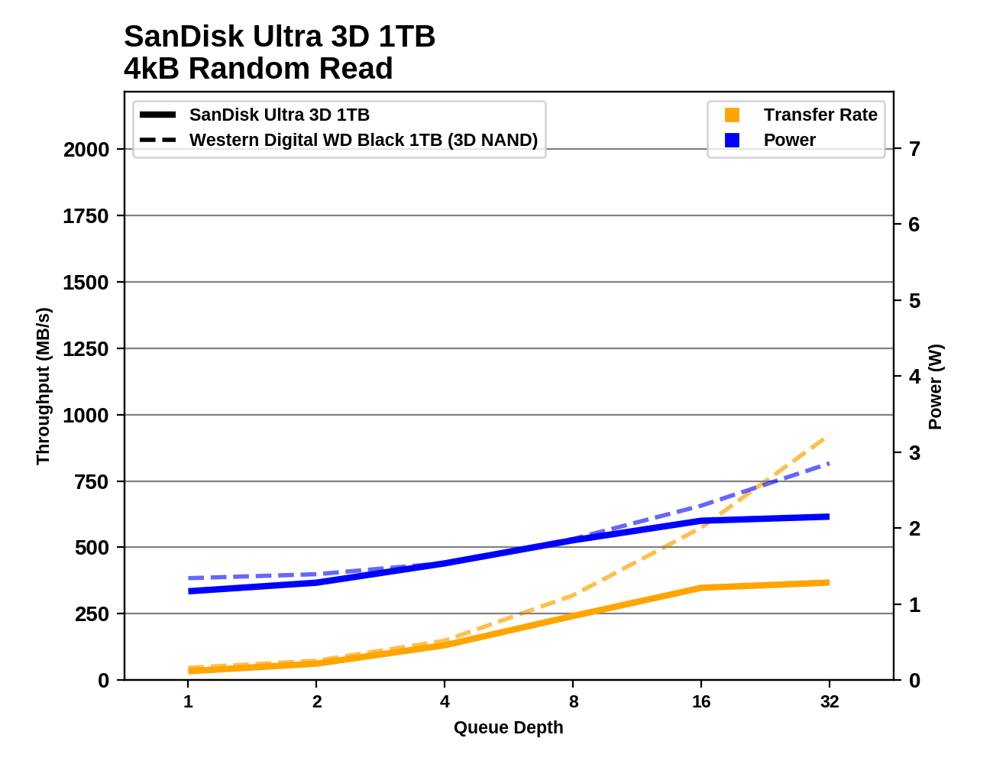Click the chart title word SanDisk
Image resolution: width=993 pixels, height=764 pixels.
(x=178, y=37)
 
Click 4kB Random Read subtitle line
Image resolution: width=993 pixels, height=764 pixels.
(x=258, y=69)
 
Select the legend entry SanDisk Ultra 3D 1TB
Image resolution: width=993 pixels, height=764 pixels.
(x=279, y=115)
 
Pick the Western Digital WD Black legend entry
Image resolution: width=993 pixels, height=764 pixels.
(x=363, y=140)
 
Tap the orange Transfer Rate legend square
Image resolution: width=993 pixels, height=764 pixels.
(x=732, y=115)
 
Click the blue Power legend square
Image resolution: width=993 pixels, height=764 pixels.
(x=732, y=140)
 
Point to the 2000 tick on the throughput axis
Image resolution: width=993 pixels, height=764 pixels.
(x=86, y=150)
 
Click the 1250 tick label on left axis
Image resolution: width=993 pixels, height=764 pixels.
(x=86, y=349)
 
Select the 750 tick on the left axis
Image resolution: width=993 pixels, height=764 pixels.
(x=92, y=482)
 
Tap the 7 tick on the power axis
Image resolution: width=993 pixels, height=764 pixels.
(x=914, y=148)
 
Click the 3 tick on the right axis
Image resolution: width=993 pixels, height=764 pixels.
(x=914, y=452)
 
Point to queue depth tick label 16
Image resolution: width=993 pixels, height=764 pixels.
(x=701, y=701)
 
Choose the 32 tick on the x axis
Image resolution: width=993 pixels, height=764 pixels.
(x=830, y=701)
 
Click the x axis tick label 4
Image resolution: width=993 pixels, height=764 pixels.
(x=445, y=701)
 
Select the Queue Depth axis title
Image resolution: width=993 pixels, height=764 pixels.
(x=508, y=727)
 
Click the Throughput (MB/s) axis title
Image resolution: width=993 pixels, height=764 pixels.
(x=43, y=386)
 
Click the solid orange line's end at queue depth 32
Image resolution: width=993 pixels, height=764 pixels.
(x=829, y=583)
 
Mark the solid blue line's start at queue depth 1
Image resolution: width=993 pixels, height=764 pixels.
(x=189, y=591)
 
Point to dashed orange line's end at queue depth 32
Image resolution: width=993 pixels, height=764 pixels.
(x=829, y=436)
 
